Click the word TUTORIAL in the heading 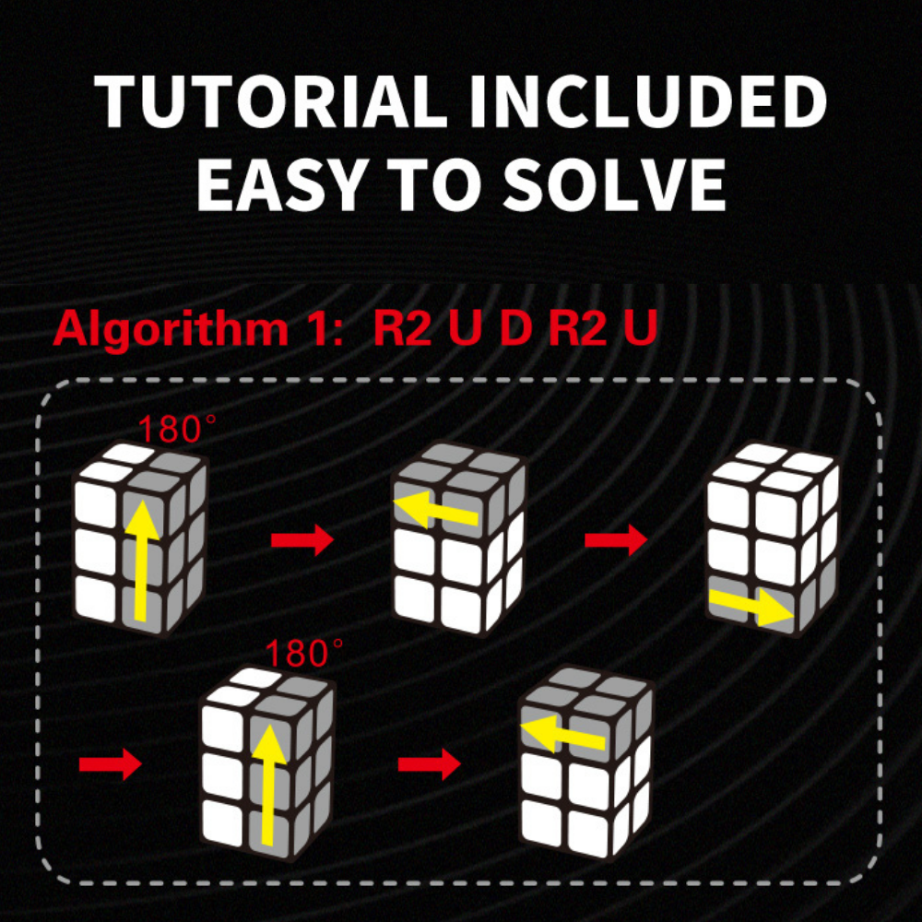tap(271, 101)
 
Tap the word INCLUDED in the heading tap(648, 101)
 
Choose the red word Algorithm tap(171, 328)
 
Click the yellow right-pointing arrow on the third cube tap(751, 607)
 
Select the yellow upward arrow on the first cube tap(140, 561)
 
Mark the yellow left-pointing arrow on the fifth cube tap(563, 733)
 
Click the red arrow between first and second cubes tap(302, 539)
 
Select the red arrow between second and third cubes tap(616, 539)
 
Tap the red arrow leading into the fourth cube tap(111, 764)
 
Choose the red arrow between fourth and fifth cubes tap(430, 764)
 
